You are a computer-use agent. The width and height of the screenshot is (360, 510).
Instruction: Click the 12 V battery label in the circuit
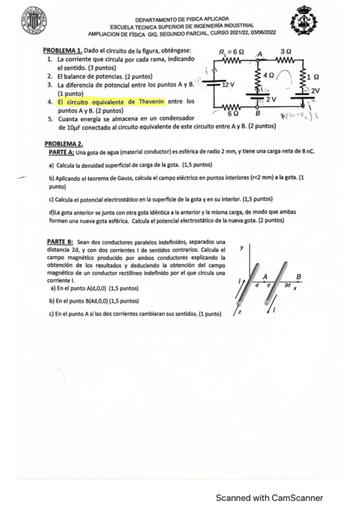(x=228, y=85)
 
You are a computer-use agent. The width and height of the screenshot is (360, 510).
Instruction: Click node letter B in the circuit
(x=258, y=112)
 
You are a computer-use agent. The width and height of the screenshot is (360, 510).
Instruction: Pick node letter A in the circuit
(x=260, y=54)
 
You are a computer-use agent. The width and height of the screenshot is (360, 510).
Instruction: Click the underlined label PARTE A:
(x=59, y=153)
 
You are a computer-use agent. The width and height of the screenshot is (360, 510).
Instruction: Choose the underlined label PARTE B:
(x=59, y=242)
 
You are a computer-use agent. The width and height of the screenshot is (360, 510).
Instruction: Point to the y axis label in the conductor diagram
(x=242, y=248)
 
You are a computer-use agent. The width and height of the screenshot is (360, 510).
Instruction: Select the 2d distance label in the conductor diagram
(x=288, y=284)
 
